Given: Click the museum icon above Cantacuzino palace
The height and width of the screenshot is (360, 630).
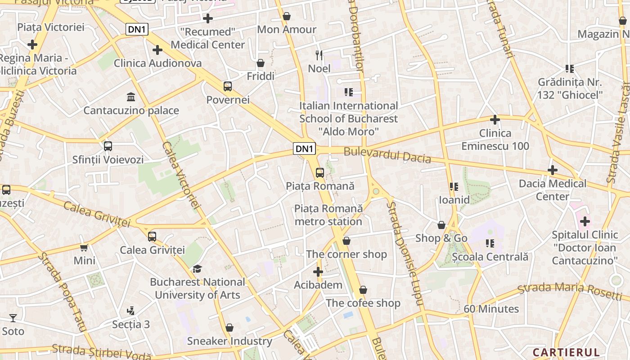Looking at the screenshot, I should click(x=131, y=97).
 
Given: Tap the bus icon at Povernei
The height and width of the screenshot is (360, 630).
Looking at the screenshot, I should click(x=228, y=86).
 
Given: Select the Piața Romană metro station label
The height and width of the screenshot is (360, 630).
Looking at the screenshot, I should click(x=328, y=215).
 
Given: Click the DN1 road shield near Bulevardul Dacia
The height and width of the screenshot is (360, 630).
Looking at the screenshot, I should click(x=305, y=148).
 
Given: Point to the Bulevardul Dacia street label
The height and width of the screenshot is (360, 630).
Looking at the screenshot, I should click(x=387, y=155).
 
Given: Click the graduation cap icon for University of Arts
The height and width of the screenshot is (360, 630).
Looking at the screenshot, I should click(x=197, y=269).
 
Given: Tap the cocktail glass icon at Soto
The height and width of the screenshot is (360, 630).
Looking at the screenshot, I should click(x=13, y=318).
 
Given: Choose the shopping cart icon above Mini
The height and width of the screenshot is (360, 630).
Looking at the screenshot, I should click(x=84, y=247).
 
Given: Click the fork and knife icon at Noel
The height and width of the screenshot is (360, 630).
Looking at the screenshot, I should click(x=319, y=55).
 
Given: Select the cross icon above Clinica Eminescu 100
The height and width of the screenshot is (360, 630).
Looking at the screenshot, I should click(x=495, y=120).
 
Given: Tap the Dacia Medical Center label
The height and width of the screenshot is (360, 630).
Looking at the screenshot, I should click(x=553, y=190).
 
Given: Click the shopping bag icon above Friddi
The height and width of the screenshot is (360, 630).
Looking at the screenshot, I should click(x=261, y=63).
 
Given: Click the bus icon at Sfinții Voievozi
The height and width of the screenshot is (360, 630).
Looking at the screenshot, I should click(x=108, y=146).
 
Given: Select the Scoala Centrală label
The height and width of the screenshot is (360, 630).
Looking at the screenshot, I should click(x=490, y=257).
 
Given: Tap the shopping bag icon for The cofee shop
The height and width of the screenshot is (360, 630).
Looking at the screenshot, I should click(x=363, y=290).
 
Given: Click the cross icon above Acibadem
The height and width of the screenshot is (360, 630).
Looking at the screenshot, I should click(x=318, y=272).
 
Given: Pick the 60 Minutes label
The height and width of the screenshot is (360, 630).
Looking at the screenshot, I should click(x=491, y=309).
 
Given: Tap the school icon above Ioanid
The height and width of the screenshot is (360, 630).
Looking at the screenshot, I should click(x=454, y=186).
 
